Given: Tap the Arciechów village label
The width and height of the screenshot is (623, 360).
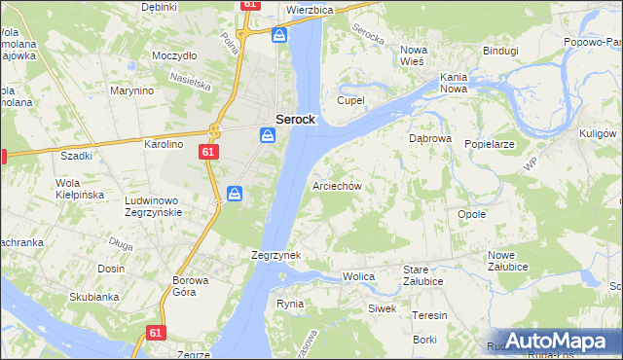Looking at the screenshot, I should pos(338,185).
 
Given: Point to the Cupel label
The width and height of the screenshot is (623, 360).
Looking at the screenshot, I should pos(350,100).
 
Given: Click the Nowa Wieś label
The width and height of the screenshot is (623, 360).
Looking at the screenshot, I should pos(414,55).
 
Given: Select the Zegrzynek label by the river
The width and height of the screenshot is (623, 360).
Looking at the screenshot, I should pos(275,255).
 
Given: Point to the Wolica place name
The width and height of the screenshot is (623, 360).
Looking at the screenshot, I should pos(358,277).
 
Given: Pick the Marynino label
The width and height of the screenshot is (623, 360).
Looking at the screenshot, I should pos(132,90).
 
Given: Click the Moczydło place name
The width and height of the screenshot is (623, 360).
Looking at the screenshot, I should pos(175,55).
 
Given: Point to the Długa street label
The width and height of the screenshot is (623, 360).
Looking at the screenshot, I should pos(121,246).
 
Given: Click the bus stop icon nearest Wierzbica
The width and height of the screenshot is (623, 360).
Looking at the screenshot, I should pos(280,36).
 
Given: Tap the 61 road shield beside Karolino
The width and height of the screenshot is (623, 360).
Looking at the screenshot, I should pos(208,153).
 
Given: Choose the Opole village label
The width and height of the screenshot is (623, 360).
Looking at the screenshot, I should pos(472,214).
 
